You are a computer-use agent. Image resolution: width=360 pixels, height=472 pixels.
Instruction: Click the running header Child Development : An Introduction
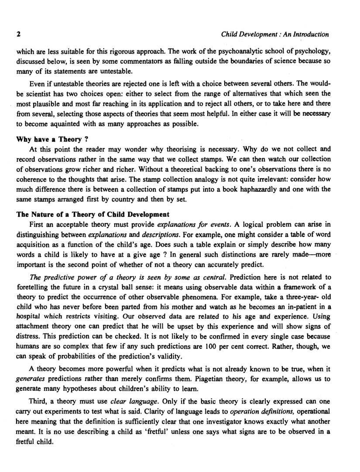click(275, 34)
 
